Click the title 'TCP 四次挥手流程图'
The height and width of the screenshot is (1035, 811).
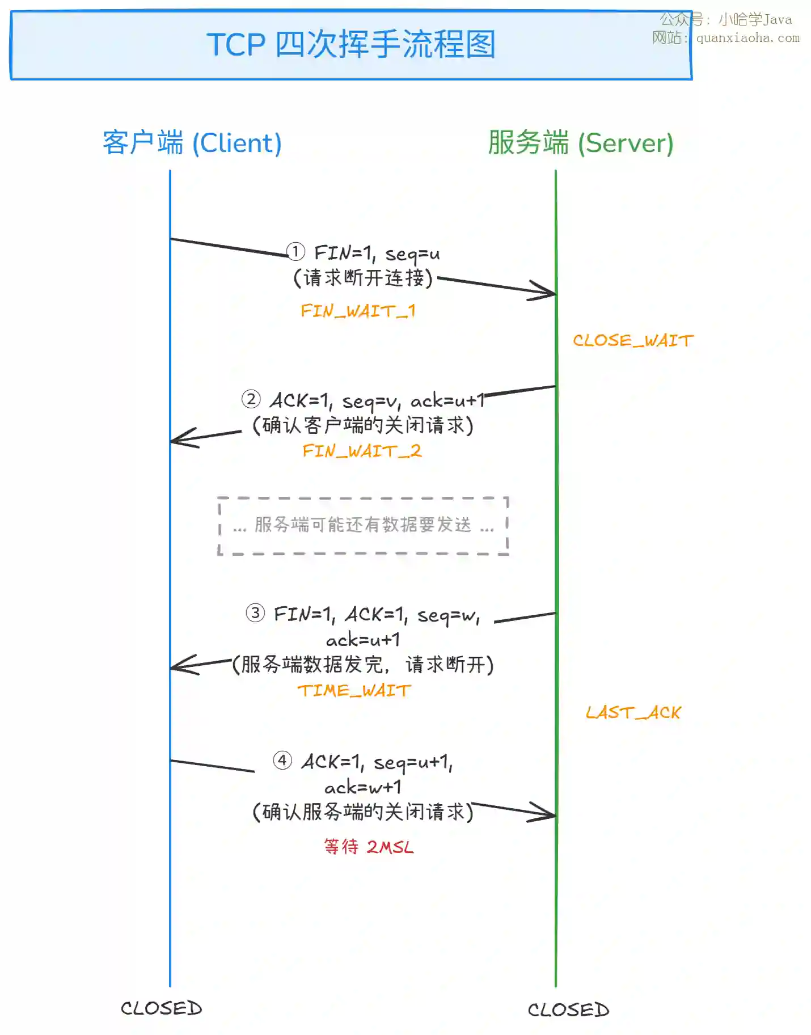[351, 44]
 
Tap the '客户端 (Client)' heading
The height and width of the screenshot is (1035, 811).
[192, 143]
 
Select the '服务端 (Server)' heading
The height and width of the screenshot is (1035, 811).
[580, 143]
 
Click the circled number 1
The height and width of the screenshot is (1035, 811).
[295, 251]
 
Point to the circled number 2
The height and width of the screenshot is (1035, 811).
[251, 399]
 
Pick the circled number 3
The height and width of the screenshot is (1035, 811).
[255, 612]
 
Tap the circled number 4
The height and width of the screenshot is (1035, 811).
[282, 760]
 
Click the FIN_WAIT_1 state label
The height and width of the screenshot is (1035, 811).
[358, 311]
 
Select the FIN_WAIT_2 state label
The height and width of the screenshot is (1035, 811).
[362, 451]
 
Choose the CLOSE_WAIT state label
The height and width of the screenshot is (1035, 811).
[633, 340]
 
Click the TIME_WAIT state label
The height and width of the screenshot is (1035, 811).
[354, 690]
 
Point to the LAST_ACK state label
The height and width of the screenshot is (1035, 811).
[633, 712]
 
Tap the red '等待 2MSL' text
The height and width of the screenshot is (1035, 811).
[369, 847]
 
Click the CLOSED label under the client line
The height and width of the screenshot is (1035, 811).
[162, 1008]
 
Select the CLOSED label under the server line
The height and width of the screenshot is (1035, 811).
[568, 1009]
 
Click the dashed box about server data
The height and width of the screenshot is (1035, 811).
[363, 526]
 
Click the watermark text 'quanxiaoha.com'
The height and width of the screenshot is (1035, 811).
[747, 38]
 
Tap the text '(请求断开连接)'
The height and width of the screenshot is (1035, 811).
[363, 278]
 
